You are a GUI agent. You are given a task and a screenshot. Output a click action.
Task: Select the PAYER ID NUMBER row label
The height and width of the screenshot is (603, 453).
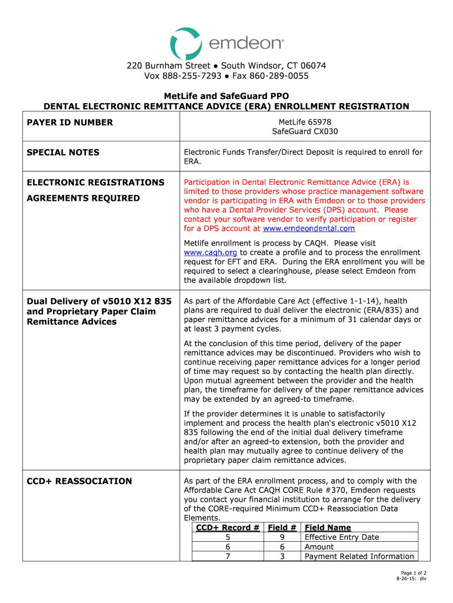pyautogui.click(x=69, y=122)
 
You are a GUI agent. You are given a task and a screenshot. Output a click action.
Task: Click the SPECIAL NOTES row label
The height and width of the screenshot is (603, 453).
pyautogui.click(x=63, y=153)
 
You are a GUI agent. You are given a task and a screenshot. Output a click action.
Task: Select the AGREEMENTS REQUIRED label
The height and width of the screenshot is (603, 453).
pyautogui.click(x=83, y=198)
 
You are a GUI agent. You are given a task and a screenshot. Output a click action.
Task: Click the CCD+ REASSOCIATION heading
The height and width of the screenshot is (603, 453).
pyautogui.click(x=79, y=481)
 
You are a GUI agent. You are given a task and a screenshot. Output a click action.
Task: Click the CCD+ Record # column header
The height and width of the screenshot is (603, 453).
pyautogui.click(x=227, y=528)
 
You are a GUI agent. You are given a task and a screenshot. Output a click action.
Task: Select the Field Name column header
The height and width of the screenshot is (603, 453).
pyautogui.click(x=328, y=528)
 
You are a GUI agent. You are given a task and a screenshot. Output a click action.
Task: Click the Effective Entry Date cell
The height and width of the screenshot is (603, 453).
pyautogui.click(x=342, y=537)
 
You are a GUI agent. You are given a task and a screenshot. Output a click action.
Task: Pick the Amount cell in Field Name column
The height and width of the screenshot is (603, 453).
pyautogui.click(x=319, y=547)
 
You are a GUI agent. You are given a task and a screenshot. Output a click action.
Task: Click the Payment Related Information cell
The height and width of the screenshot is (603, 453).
pyautogui.click(x=359, y=556)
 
